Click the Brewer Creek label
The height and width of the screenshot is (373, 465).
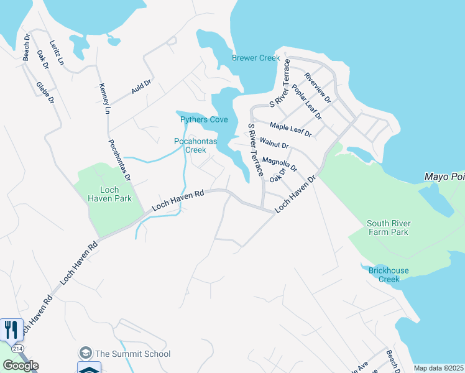coord(256,58)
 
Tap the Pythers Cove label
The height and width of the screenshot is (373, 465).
coord(204,119)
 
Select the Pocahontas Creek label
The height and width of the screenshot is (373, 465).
coord(195,145)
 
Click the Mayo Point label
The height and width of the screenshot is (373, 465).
coord(444,177)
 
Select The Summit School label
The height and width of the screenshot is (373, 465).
coord(132,354)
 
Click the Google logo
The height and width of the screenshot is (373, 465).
coord(21,365)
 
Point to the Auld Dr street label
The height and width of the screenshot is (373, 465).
coord(141,86)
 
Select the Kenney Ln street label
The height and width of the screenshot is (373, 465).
coord(104,98)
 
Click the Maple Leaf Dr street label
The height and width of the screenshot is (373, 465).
coord(290,130)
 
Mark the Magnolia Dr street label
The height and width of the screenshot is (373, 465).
coord(280,164)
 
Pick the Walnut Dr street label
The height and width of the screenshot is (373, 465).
coord(274,144)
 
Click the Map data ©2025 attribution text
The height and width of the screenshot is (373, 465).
coord(439,368)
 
